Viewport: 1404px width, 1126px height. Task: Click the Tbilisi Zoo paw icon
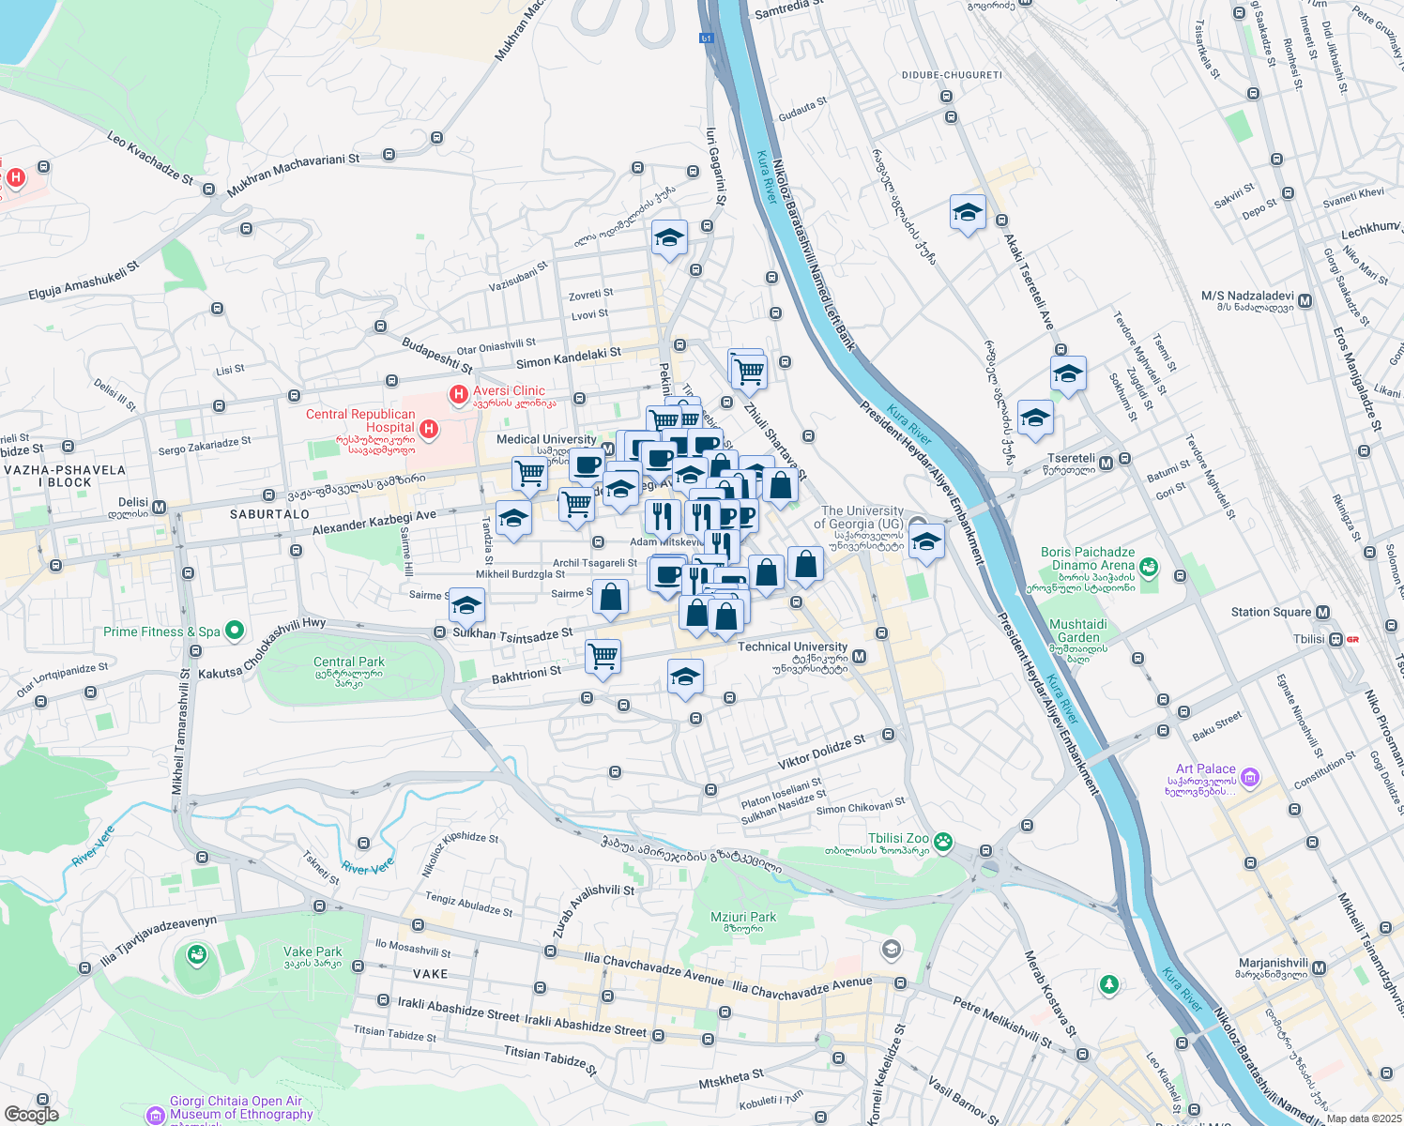click(x=943, y=840)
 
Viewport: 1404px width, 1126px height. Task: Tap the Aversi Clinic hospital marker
click(x=459, y=395)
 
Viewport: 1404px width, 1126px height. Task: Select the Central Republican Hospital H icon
click(x=429, y=429)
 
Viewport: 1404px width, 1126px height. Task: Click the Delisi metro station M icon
click(x=159, y=508)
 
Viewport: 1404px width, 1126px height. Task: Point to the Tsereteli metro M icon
click(x=1106, y=463)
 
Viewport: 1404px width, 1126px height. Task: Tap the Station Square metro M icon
click(x=1322, y=613)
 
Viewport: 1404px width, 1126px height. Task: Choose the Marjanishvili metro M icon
click(x=1320, y=967)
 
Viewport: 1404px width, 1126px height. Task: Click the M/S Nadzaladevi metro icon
click(x=1305, y=301)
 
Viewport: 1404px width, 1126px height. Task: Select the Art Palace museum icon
click(x=1249, y=777)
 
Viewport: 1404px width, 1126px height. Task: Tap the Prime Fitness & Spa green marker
click(x=235, y=631)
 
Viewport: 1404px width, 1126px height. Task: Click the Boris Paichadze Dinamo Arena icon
click(x=1149, y=567)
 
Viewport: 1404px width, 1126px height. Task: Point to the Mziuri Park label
click(x=743, y=918)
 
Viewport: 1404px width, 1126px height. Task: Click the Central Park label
click(x=349, y=662)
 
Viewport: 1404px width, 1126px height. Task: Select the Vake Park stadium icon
click(x=196, y=955)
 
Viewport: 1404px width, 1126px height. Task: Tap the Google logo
click(x=32, y=1114)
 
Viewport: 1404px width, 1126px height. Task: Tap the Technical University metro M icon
click(x=859, y=657)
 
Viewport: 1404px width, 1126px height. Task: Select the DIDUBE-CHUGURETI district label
click(x=952, y=75)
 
